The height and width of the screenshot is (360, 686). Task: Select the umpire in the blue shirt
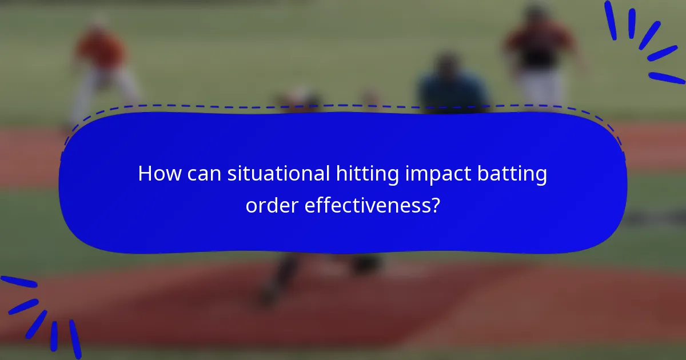point(452,86)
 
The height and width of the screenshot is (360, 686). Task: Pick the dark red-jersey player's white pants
point(540,86)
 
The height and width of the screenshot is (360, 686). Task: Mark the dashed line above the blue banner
point(343,106)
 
